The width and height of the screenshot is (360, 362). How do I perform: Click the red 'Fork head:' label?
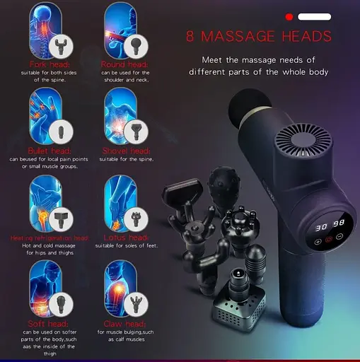click(x=47, y=64)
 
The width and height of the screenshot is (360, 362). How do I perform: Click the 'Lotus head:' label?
click(x=125, y=238)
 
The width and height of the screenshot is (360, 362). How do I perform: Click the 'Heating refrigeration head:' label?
click(x=49, y=238)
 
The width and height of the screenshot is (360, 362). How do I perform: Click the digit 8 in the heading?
click(x=190, y=36)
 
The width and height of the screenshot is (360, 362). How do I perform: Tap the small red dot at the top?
click(x=289, y=16)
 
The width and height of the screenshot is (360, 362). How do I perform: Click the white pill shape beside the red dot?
click(x=315, y=16)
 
